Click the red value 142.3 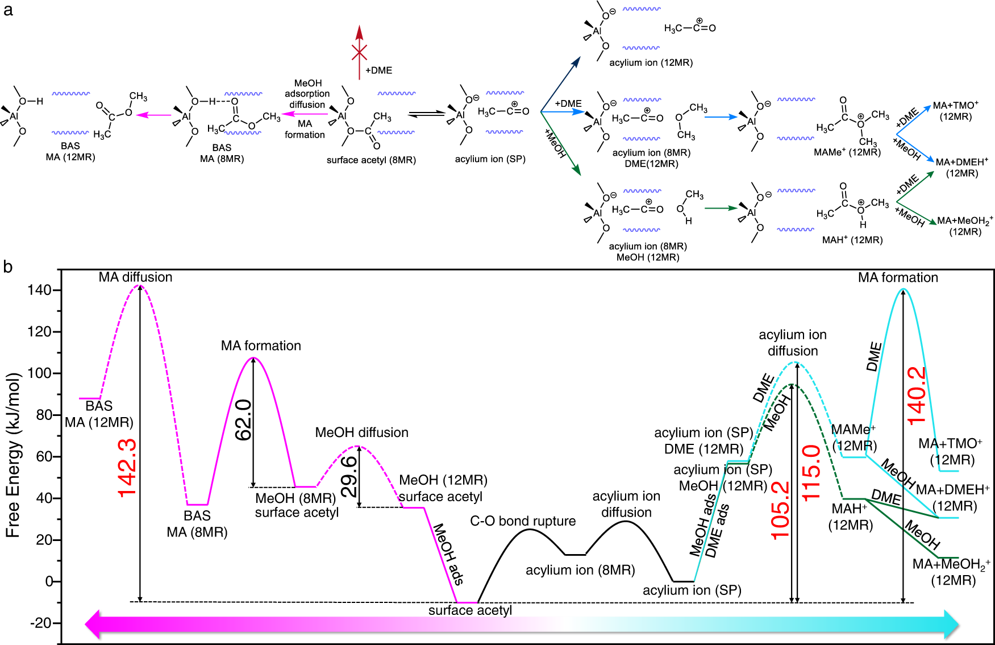[x=127, y=467]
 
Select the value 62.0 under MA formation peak [x=243, y=420]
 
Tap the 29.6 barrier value [x=349, y=476]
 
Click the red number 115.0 [x=811, y=473]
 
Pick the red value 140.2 [x=916, y=396]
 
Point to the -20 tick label [x=40, y=623]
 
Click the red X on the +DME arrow [x=359, y=53]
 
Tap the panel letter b [x=7, y=267]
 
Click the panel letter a [x=7, y=10]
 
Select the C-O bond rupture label [x=523, y=521]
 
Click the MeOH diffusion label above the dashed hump [x=361, y=432]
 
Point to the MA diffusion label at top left [x=135, y=277]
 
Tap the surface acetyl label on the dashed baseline [x=470, y=610]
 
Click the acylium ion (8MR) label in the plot [x=580, y=570]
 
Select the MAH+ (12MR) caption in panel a [x=852, y=240]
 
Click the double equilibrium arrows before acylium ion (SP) [x=427, y=114]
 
